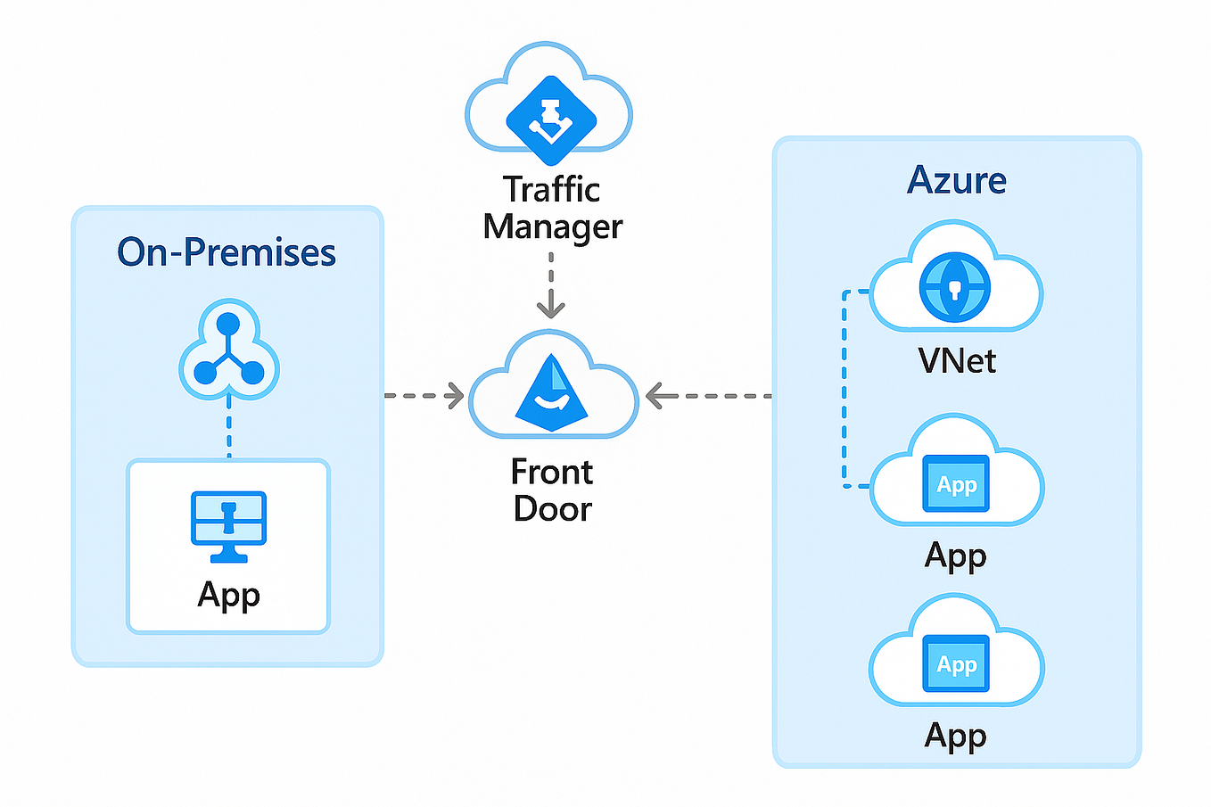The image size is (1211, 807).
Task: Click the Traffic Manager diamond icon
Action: click(x=551, y=120)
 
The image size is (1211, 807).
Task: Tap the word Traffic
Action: click(x=551, y=190)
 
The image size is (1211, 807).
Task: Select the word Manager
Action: click(x=553, y=227)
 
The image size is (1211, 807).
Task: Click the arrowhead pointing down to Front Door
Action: click(x=551, y=309)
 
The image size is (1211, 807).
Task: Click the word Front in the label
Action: click(x=552, y=472)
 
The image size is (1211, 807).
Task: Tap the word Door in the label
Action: click(x=553, y=508)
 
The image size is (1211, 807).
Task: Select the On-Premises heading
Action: click(x=227, y=252)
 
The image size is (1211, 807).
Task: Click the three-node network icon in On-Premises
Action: click(x=228, y=350)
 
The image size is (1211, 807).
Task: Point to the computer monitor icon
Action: click(x=228, y=527)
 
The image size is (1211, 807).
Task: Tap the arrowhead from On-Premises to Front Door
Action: click(x=455, y=396)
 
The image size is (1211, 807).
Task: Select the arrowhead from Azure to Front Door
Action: click(x=655, y=396)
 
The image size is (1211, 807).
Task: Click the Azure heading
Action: click(x=956, y=180)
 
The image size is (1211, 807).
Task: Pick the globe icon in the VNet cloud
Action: click(x=955, y=287)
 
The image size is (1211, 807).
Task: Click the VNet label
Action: click(x=957, y=360)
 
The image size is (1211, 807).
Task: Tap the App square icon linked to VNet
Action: click(x=956, y=483)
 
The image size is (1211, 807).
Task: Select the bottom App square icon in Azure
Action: click(x=956, y=663)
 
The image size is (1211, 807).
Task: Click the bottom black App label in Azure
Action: click(x=956, y=737)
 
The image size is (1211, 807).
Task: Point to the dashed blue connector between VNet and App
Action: click(x=844, y=389)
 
